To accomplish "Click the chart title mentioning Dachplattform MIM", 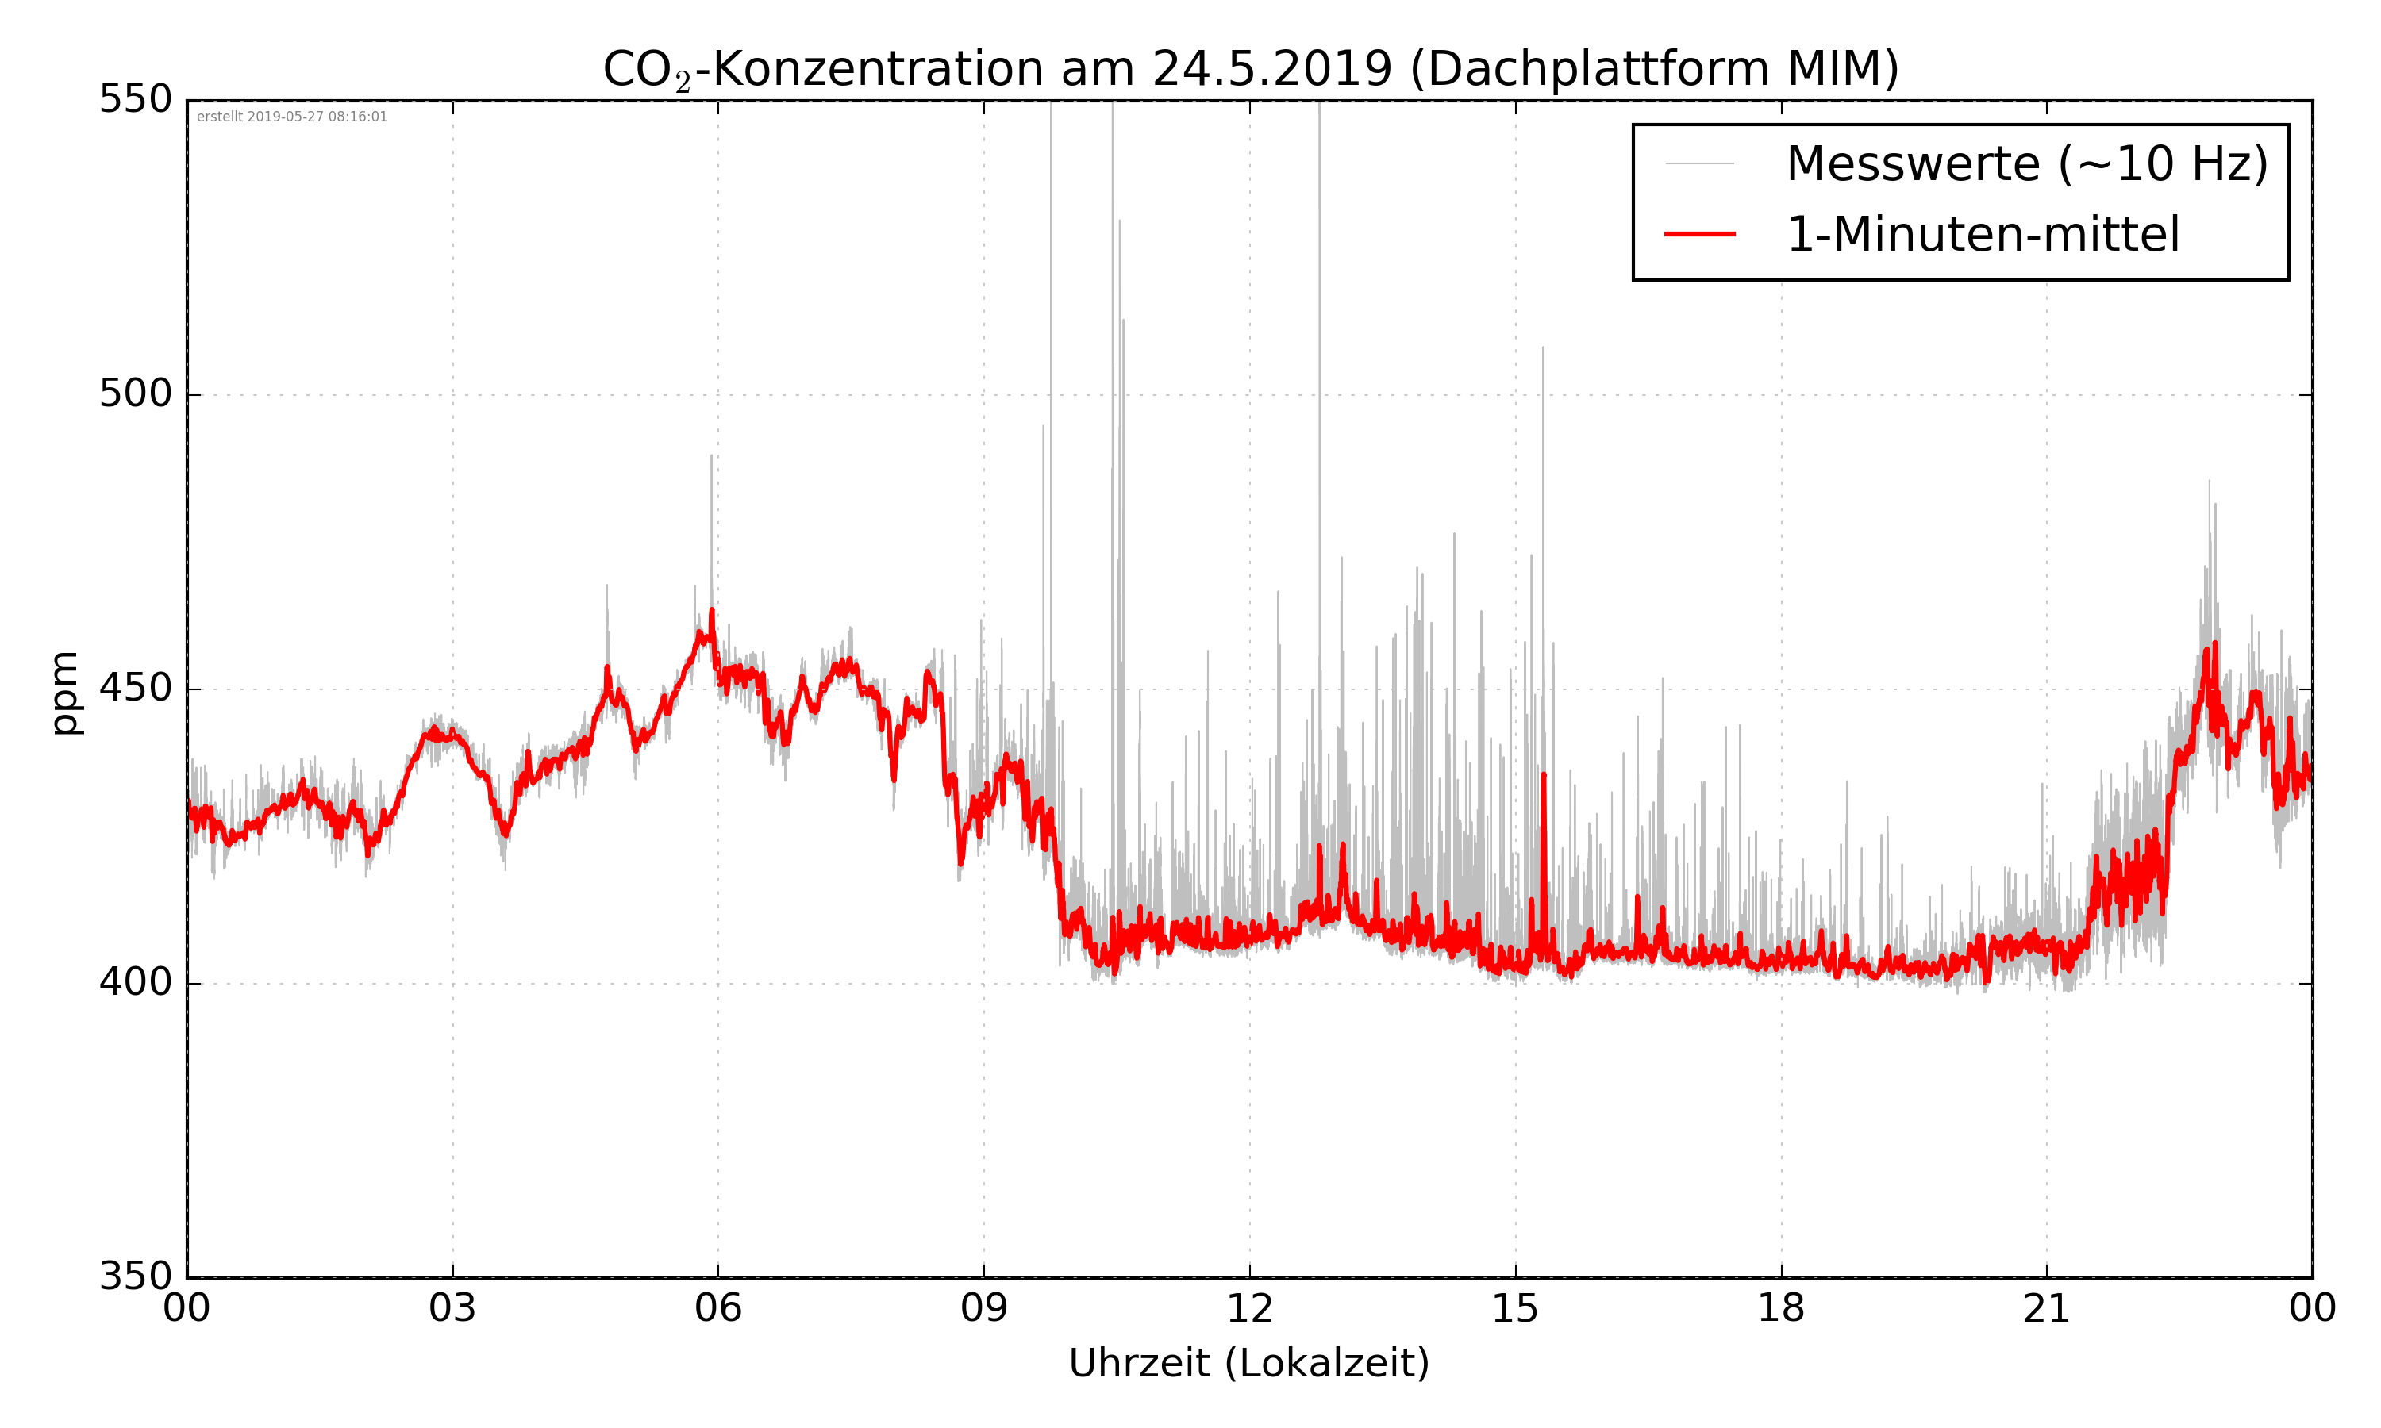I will pyautogui.click(x=1250, y=69).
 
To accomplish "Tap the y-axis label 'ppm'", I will pyautogui.click(x=65, y=693).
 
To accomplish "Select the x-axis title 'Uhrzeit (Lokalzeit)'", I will pyautogui.click(x=1249, y=1364).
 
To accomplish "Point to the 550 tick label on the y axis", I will pyautogui.click(x=135, y=99).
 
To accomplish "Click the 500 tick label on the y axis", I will pyautogui.click(x=135, y=393).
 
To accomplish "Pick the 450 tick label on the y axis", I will pyautogui.click(x=135, y=689).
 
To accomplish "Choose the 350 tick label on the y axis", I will pyautogui.click(x=135, y=1277).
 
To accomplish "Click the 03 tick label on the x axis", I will pyautogui.click(x=452, y=1310).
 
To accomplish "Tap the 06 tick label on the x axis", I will pyautogui.click(x=718, y=1310).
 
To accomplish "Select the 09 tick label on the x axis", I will pyautogui.click(x=983, y=1310).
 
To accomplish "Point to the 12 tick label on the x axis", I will pyautogui.click(x=1249, y=1310).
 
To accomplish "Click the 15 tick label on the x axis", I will pyautogui.click(x=1515, y=1310).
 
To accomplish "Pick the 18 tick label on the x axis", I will pyautogui.click(x=1780, y=1310).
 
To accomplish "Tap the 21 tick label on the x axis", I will pyautogui.click(x=2046, y=1310).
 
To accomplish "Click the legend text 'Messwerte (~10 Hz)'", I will pyautogui.click(x=2027, y=163).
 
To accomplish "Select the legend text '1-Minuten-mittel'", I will pyautogui.click(x=1983, y=235).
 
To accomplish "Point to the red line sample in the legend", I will pyautogui.click(x=1699, y=234).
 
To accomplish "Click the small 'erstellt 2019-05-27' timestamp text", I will pyautogui.click(x=291, y=117).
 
